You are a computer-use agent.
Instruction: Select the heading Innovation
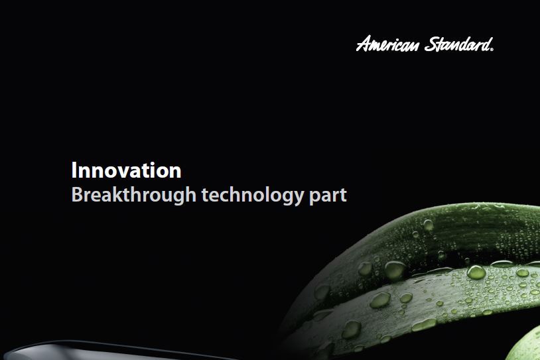(x=126, y=170)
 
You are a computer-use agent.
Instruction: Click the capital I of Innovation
(x=74, y=170)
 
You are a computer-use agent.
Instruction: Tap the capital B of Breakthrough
(x=76, y=196)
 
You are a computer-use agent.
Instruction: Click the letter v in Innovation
(x=124, y=171)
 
